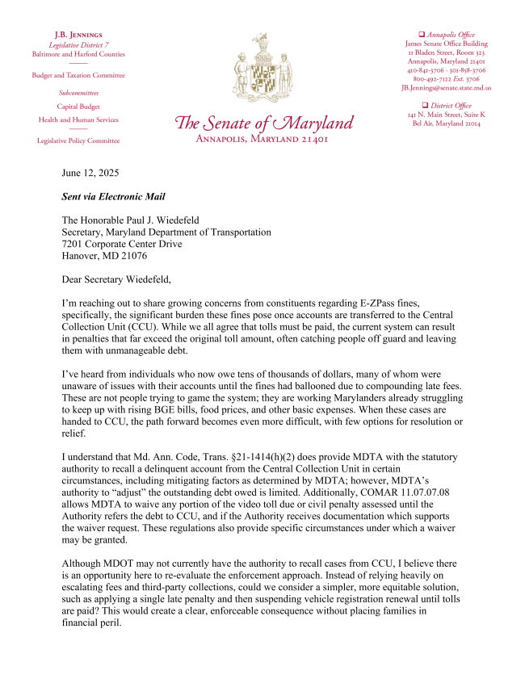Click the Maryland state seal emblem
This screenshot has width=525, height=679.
[x=262, y=71]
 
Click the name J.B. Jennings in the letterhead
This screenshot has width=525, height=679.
[x=78, y=36]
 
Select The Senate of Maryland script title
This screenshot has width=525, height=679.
[x=264, y=124]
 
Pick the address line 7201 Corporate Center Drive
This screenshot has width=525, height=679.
[x=122, y=244]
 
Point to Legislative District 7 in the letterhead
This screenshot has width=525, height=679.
[x=78, y=45]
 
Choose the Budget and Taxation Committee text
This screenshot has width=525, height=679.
[x=78, y=75]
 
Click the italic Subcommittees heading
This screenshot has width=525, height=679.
[x=78, y=93]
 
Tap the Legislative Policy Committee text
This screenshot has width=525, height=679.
[x=78, y=140]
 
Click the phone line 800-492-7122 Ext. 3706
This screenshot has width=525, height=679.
[x=446, y=79]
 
